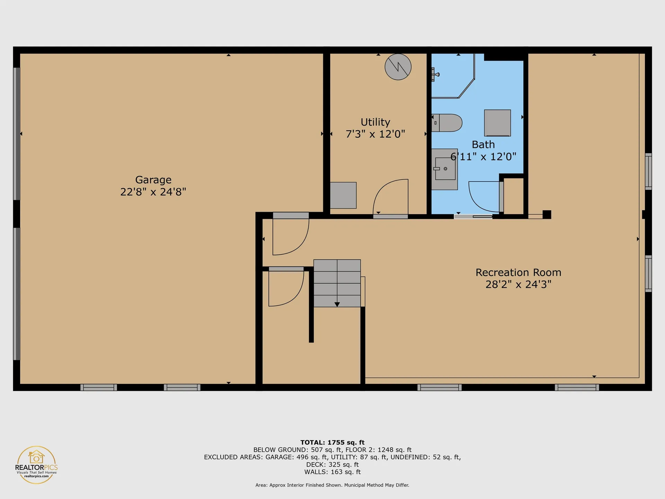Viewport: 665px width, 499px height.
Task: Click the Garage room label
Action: click(153, 180)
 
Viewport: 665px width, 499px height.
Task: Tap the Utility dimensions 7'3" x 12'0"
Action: click(375, 134)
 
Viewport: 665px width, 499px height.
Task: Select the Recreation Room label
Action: click(518, 273)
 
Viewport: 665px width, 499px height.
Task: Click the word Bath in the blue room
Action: click(483, 145)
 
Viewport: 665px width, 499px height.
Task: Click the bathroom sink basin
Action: click(445, 169)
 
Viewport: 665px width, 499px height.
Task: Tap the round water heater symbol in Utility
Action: click(398, 67)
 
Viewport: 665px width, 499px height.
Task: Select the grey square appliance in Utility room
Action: click(343, 195)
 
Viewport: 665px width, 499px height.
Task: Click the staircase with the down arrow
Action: click(337, 283)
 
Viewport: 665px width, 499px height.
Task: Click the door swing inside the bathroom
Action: click(483, 196)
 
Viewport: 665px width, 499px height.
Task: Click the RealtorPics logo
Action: click(36, 464)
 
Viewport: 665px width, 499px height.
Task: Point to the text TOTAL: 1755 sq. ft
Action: click(332, 443)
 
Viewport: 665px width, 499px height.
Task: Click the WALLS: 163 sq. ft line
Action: click(332, 472)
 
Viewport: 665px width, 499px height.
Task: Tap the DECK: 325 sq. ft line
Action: click(332, 465)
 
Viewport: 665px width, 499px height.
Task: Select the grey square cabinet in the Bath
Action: click(497, 123)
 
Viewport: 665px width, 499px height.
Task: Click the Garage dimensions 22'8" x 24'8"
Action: click(153, 192)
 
